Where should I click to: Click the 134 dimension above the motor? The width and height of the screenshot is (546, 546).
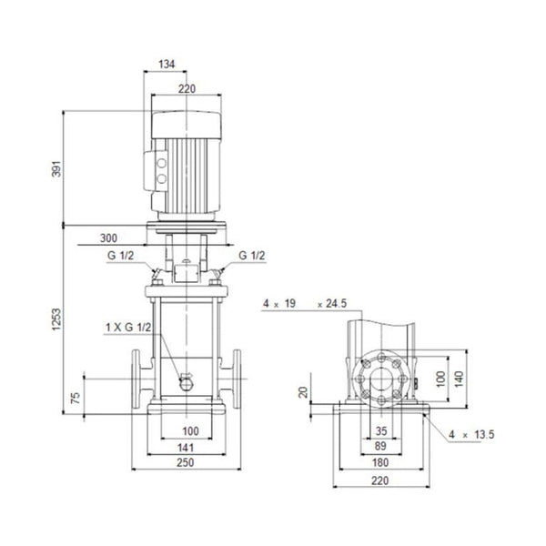coord(166,66)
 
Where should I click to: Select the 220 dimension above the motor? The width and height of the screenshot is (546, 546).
coord(187,89)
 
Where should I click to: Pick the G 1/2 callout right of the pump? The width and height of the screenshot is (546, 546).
coord(252,258)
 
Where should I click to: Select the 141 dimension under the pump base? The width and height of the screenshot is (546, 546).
coord(187,447)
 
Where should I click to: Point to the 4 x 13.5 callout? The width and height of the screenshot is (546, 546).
coord(470,435)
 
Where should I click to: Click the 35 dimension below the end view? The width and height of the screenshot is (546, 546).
coord(380,430)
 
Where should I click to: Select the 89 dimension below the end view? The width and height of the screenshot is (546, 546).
coord(380,447)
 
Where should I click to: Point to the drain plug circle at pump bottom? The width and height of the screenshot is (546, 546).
coord(187,382)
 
